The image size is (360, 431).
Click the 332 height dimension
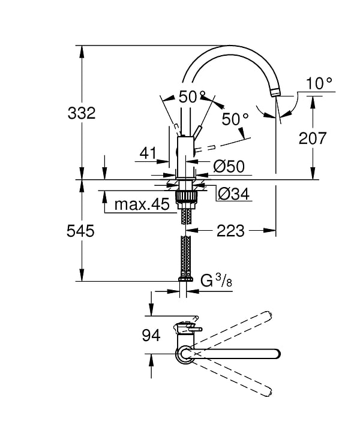click(x=82, y=113)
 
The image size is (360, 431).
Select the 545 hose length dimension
click(x=82, y=231)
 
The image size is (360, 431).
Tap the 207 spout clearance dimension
click(x=312, y=138)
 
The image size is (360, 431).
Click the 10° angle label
click(x=319, y=83)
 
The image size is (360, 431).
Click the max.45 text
click(x=142, y=205)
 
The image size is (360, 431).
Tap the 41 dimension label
click(x=148, y=153)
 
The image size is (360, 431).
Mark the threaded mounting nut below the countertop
click(x=185, y=198)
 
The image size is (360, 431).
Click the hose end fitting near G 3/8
click(x=185, y=279)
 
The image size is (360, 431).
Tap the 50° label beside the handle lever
click(x=235, y=119)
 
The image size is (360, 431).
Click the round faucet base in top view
click(x=184, y=354)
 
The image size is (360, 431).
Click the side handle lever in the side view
click(x=199, y=132)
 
